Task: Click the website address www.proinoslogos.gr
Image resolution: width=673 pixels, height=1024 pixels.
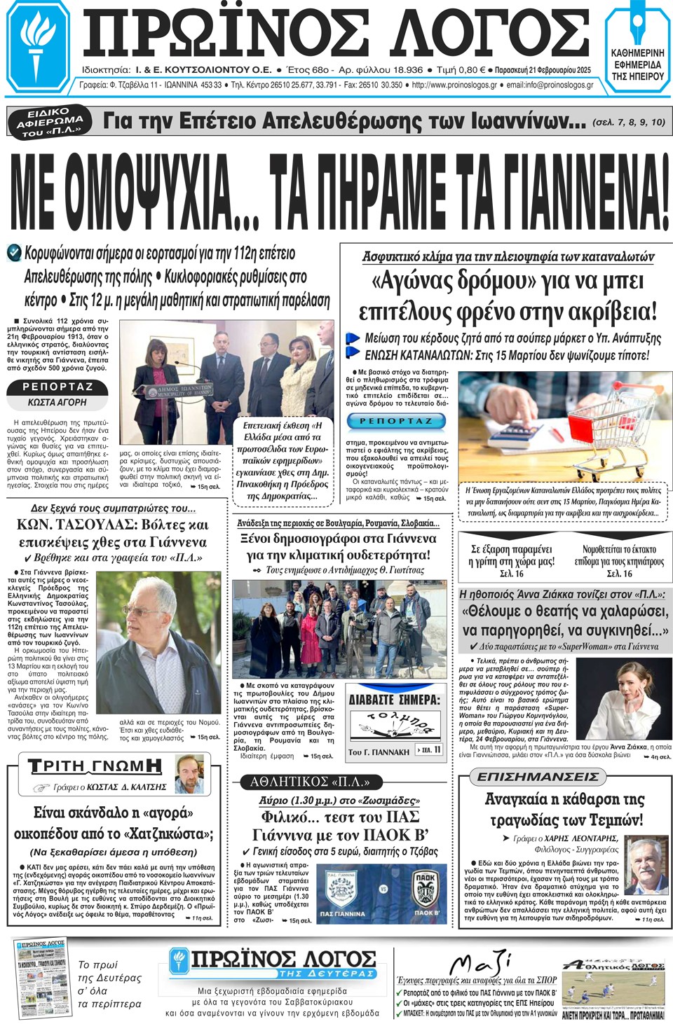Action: (x=454, y=85)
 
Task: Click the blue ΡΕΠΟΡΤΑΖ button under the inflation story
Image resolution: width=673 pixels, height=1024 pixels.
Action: (x=396, y=421)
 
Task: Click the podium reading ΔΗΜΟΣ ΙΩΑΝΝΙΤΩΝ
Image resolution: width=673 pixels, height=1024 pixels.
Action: (x=175, y=392)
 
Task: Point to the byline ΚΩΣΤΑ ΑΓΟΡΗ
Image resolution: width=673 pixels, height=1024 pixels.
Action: (x=57, y=403)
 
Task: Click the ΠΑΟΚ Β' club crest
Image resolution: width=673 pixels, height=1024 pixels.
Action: (x=426, y=890)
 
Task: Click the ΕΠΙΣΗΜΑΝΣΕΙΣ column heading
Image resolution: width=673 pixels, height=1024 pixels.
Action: (x=538, y=777)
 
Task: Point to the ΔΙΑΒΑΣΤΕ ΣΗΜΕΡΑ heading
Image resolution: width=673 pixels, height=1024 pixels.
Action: (x=395, y=700)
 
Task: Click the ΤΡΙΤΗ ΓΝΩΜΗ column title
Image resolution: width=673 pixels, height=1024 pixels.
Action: (x=95, y=766)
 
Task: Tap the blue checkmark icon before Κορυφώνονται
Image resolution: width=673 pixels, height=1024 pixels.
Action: (x=14, y=252)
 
